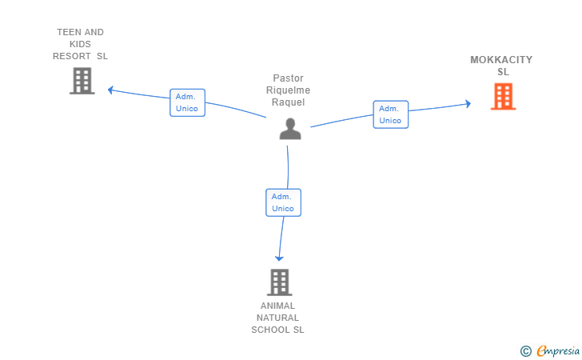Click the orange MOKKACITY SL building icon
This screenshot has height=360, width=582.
pyautogui.click(x=503, y=96)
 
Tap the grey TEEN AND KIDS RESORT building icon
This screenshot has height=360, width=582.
pyautogui.click(x=82, y=80)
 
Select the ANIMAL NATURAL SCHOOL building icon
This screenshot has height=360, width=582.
pyautogui.click(x=278, y=282)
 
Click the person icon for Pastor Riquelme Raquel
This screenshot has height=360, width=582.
pyautogui.click(x=290, y=128)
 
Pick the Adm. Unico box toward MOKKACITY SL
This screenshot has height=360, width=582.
pyautogui.click(x=390, y=114)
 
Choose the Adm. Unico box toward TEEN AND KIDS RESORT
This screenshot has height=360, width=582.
pyautogui.click(x=187, y=102)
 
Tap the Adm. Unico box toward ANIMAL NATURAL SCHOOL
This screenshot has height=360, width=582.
pyautogui.click(x=283, y=202)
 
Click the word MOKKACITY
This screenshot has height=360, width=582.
pyautogui.click(x=501, y=60)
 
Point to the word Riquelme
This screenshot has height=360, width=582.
pyautogui.click(x=288, y=90)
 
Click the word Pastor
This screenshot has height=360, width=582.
pyautogui.click(x=288, y=78)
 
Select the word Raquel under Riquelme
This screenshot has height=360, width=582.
pyautogui.click(x=288, y=102)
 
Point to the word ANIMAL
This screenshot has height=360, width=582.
pyautogui.click(x=277, y=306)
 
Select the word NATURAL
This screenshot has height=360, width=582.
pyautogui.click(x=277, y=318)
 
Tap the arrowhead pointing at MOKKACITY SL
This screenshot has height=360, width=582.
pyautogui.click(x=468, y=103)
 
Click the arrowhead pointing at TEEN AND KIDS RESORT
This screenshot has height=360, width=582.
pyautogui.click(x=111, y=89)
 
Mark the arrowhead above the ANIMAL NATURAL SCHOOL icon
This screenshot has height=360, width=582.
pyautogui.click(x=279, y=257)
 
